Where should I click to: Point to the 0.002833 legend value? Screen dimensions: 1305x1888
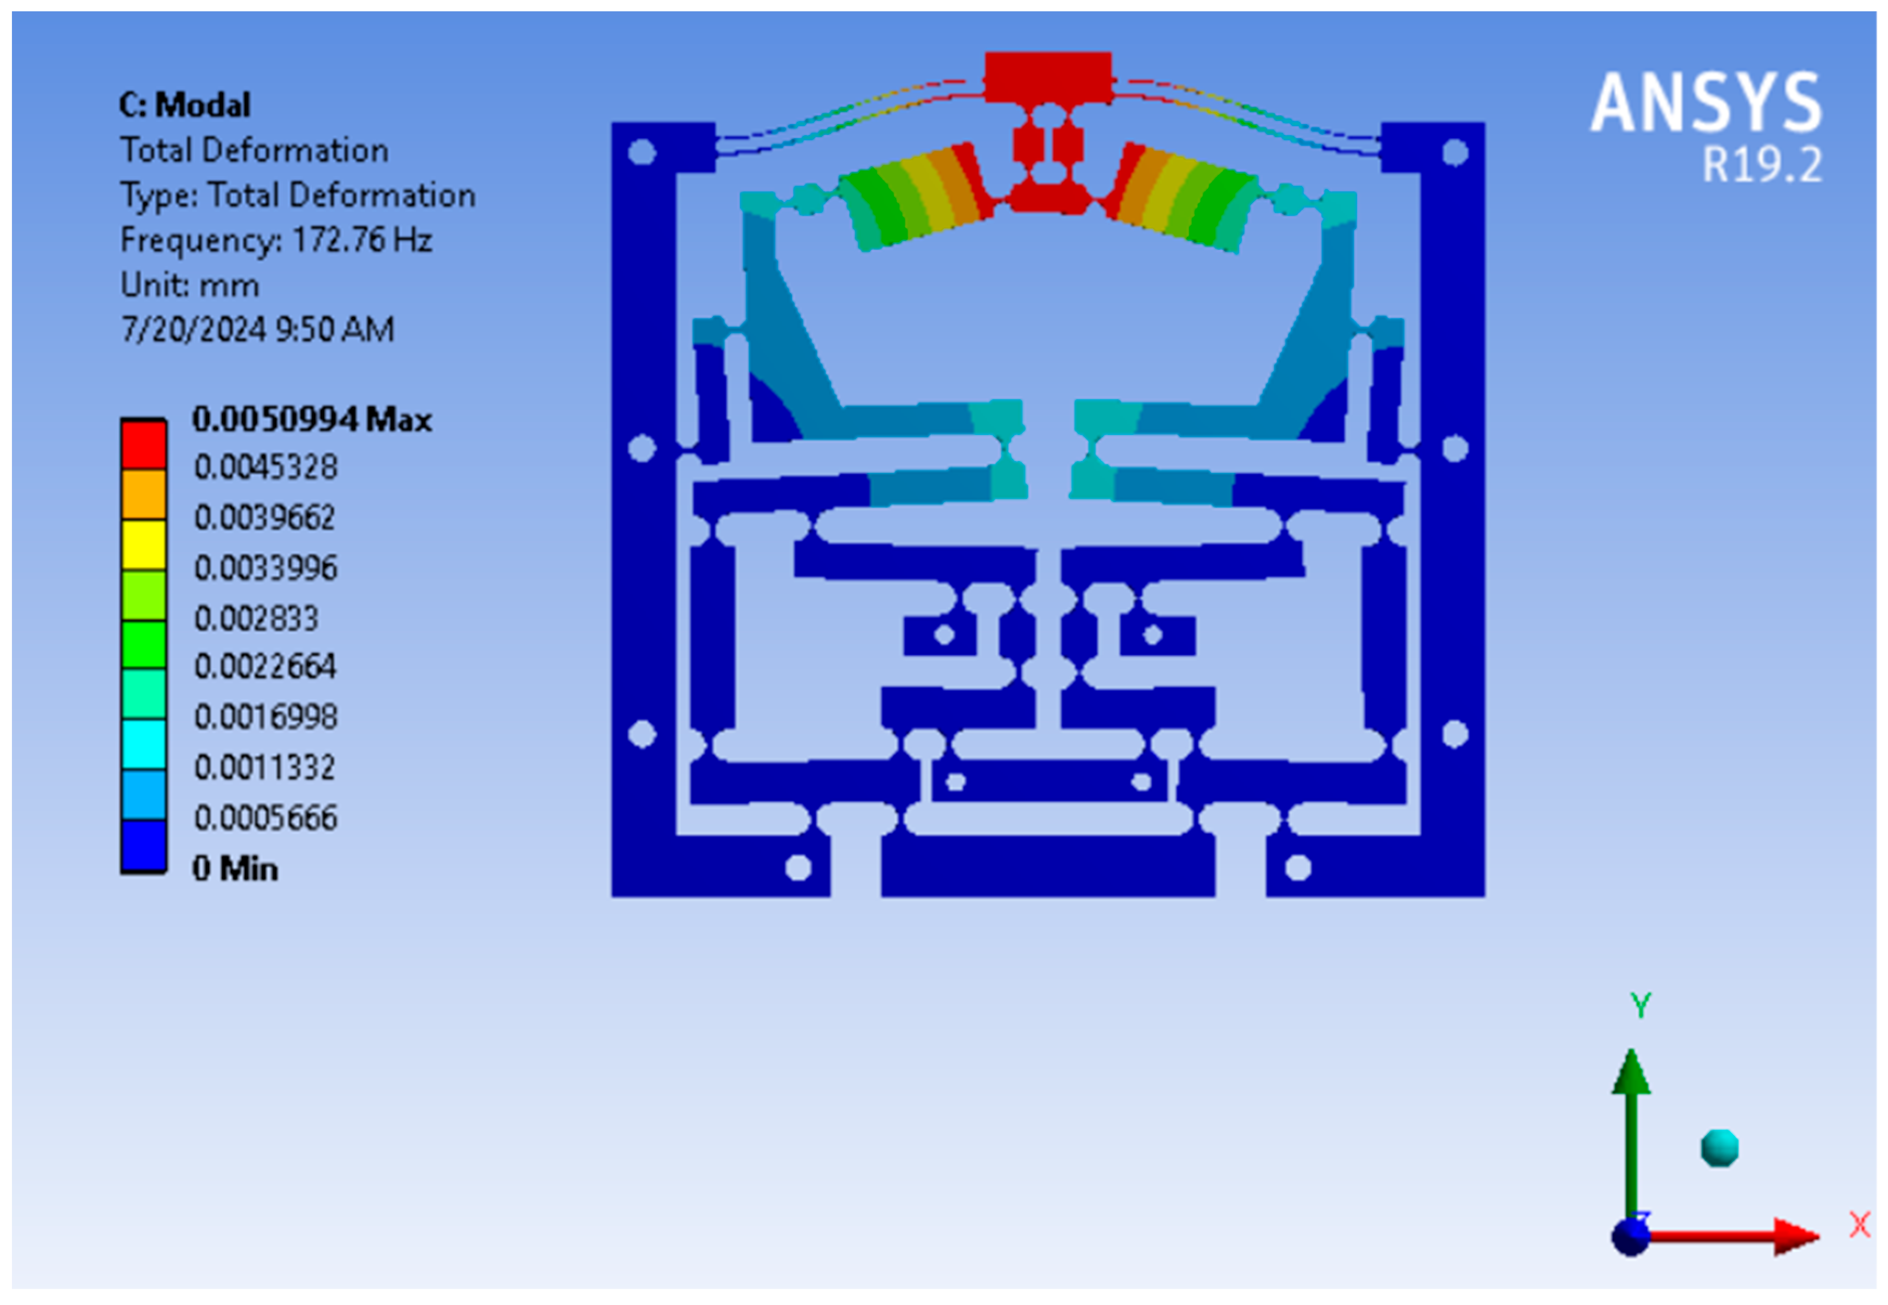256,618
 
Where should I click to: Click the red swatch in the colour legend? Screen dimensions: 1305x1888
144,445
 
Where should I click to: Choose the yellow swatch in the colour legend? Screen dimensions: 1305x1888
144,544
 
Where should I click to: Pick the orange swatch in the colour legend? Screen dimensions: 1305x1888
144,495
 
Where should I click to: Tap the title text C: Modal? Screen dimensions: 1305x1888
185,106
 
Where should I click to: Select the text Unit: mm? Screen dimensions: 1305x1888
190,285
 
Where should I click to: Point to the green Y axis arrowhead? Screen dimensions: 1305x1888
1631,1073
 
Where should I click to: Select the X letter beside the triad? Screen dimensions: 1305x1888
1859,1225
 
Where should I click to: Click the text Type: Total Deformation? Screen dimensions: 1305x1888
297,196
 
